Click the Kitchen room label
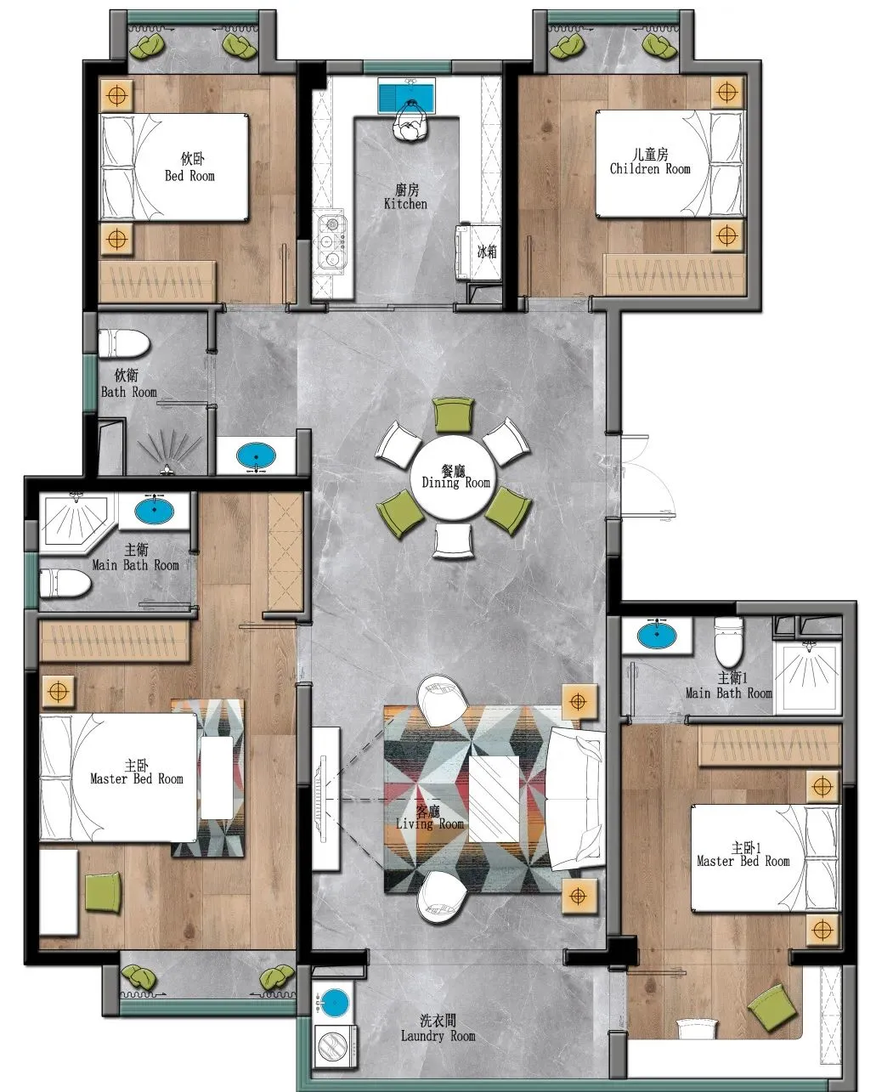pyautogui.click(x=405, y=197)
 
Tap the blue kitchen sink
pyautogui.click(x=407, y=95)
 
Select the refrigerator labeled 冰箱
pyautogui.click(x=478, y=252)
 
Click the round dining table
pyautogui.click(x=452, y=478)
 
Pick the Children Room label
pyautogui.click(x=650, y=161)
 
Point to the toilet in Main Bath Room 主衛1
pyautogui.click(x=728, y=642)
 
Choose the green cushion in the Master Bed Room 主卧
pyautogui.click(x=104, y=892)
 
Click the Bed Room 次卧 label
pyautogui.click(x=189, y=168)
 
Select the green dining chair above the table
pyautogui.click(x=453, y=415)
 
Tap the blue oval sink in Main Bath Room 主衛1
pyautogui.click(x=658, y=636)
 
